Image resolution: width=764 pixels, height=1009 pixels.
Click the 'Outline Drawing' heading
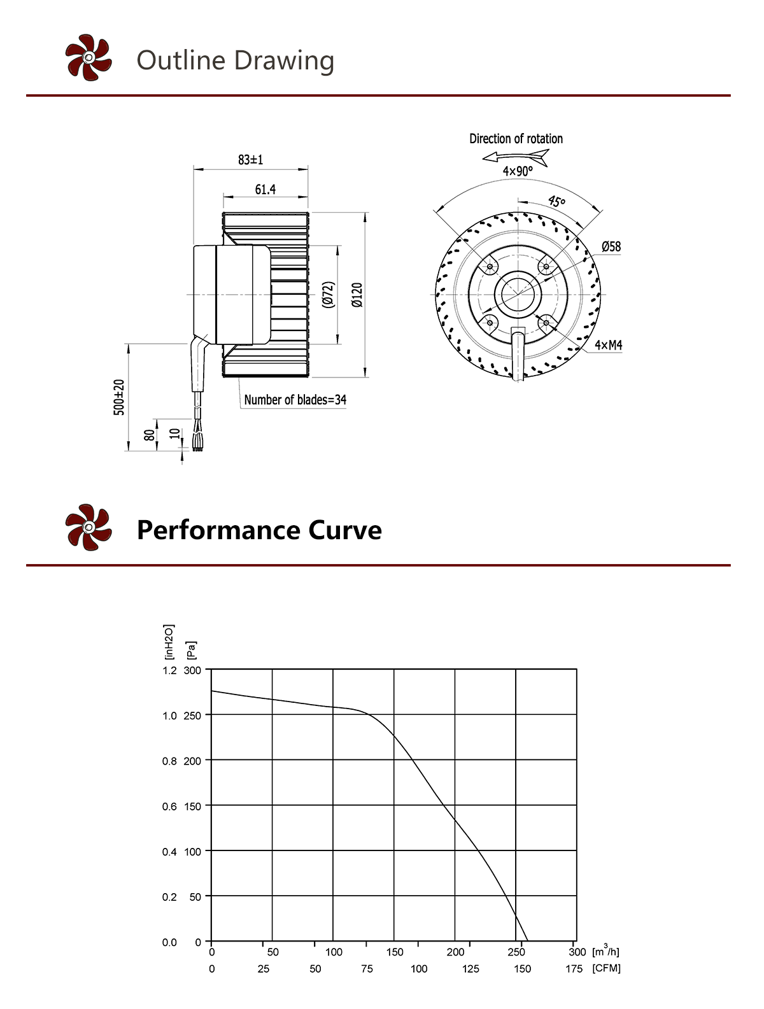pos(235,60)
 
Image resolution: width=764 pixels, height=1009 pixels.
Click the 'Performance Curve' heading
pos(259,530)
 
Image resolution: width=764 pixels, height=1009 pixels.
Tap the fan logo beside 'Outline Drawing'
pos(88,57)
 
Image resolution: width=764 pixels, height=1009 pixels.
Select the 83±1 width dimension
pos(251,160)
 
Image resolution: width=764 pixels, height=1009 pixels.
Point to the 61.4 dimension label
pos(265,190)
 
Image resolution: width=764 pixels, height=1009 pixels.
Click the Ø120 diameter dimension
pos(357,295)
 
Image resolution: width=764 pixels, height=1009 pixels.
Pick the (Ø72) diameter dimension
pos(329,295)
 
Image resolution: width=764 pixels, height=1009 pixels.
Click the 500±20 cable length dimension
pos(119,397)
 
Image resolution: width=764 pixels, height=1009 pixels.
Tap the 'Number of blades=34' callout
pos(295,400)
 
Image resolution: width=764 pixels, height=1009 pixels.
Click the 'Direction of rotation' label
pos(516,139)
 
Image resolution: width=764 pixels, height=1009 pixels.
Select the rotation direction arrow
pos(515,158)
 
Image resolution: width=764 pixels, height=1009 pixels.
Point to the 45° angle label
pos(556,201)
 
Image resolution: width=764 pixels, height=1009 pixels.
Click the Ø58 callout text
pos(611,246)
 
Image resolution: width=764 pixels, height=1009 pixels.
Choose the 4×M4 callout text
pos(608,345)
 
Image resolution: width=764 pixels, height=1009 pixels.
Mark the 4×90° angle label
pos(518,171)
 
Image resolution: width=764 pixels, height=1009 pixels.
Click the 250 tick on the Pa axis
pos(192,716)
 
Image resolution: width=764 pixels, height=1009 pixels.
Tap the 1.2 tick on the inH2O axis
pos(169,670)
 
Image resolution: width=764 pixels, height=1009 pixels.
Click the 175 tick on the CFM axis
pos(574,968)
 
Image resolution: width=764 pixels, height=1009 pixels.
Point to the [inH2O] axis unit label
pos(169,642)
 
